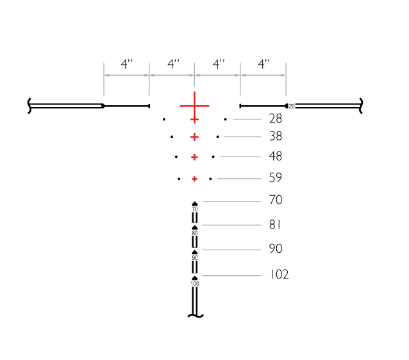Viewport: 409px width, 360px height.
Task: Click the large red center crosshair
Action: coord(194,106)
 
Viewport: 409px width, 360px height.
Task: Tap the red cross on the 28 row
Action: coord(194,120)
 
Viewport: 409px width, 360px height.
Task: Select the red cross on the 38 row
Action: coord(194,137)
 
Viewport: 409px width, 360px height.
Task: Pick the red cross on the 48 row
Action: coord(194,157)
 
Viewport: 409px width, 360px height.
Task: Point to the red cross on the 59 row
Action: coord(194,179)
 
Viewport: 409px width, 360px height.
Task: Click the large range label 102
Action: coord(279,275)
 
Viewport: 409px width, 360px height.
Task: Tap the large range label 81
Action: coord(275,225)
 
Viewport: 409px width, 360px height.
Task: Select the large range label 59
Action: coord(276,178)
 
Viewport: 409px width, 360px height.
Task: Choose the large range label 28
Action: coord(276,119)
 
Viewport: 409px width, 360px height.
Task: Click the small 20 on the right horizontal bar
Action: coord(292,107)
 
